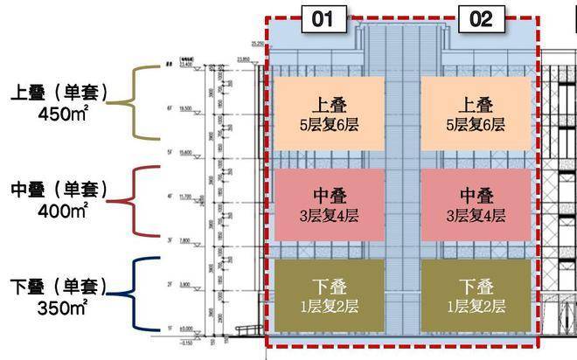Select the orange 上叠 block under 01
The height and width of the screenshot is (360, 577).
point(328,114)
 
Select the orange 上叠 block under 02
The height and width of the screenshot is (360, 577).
point(476,114)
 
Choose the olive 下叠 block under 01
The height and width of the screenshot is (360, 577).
point(328,295)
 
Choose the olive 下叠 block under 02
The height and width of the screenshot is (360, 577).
point(476,295)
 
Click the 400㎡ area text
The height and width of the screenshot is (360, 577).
point(61,210)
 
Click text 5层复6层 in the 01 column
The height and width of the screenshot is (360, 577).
point(328,124)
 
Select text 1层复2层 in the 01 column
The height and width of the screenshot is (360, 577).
point(328,306)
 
